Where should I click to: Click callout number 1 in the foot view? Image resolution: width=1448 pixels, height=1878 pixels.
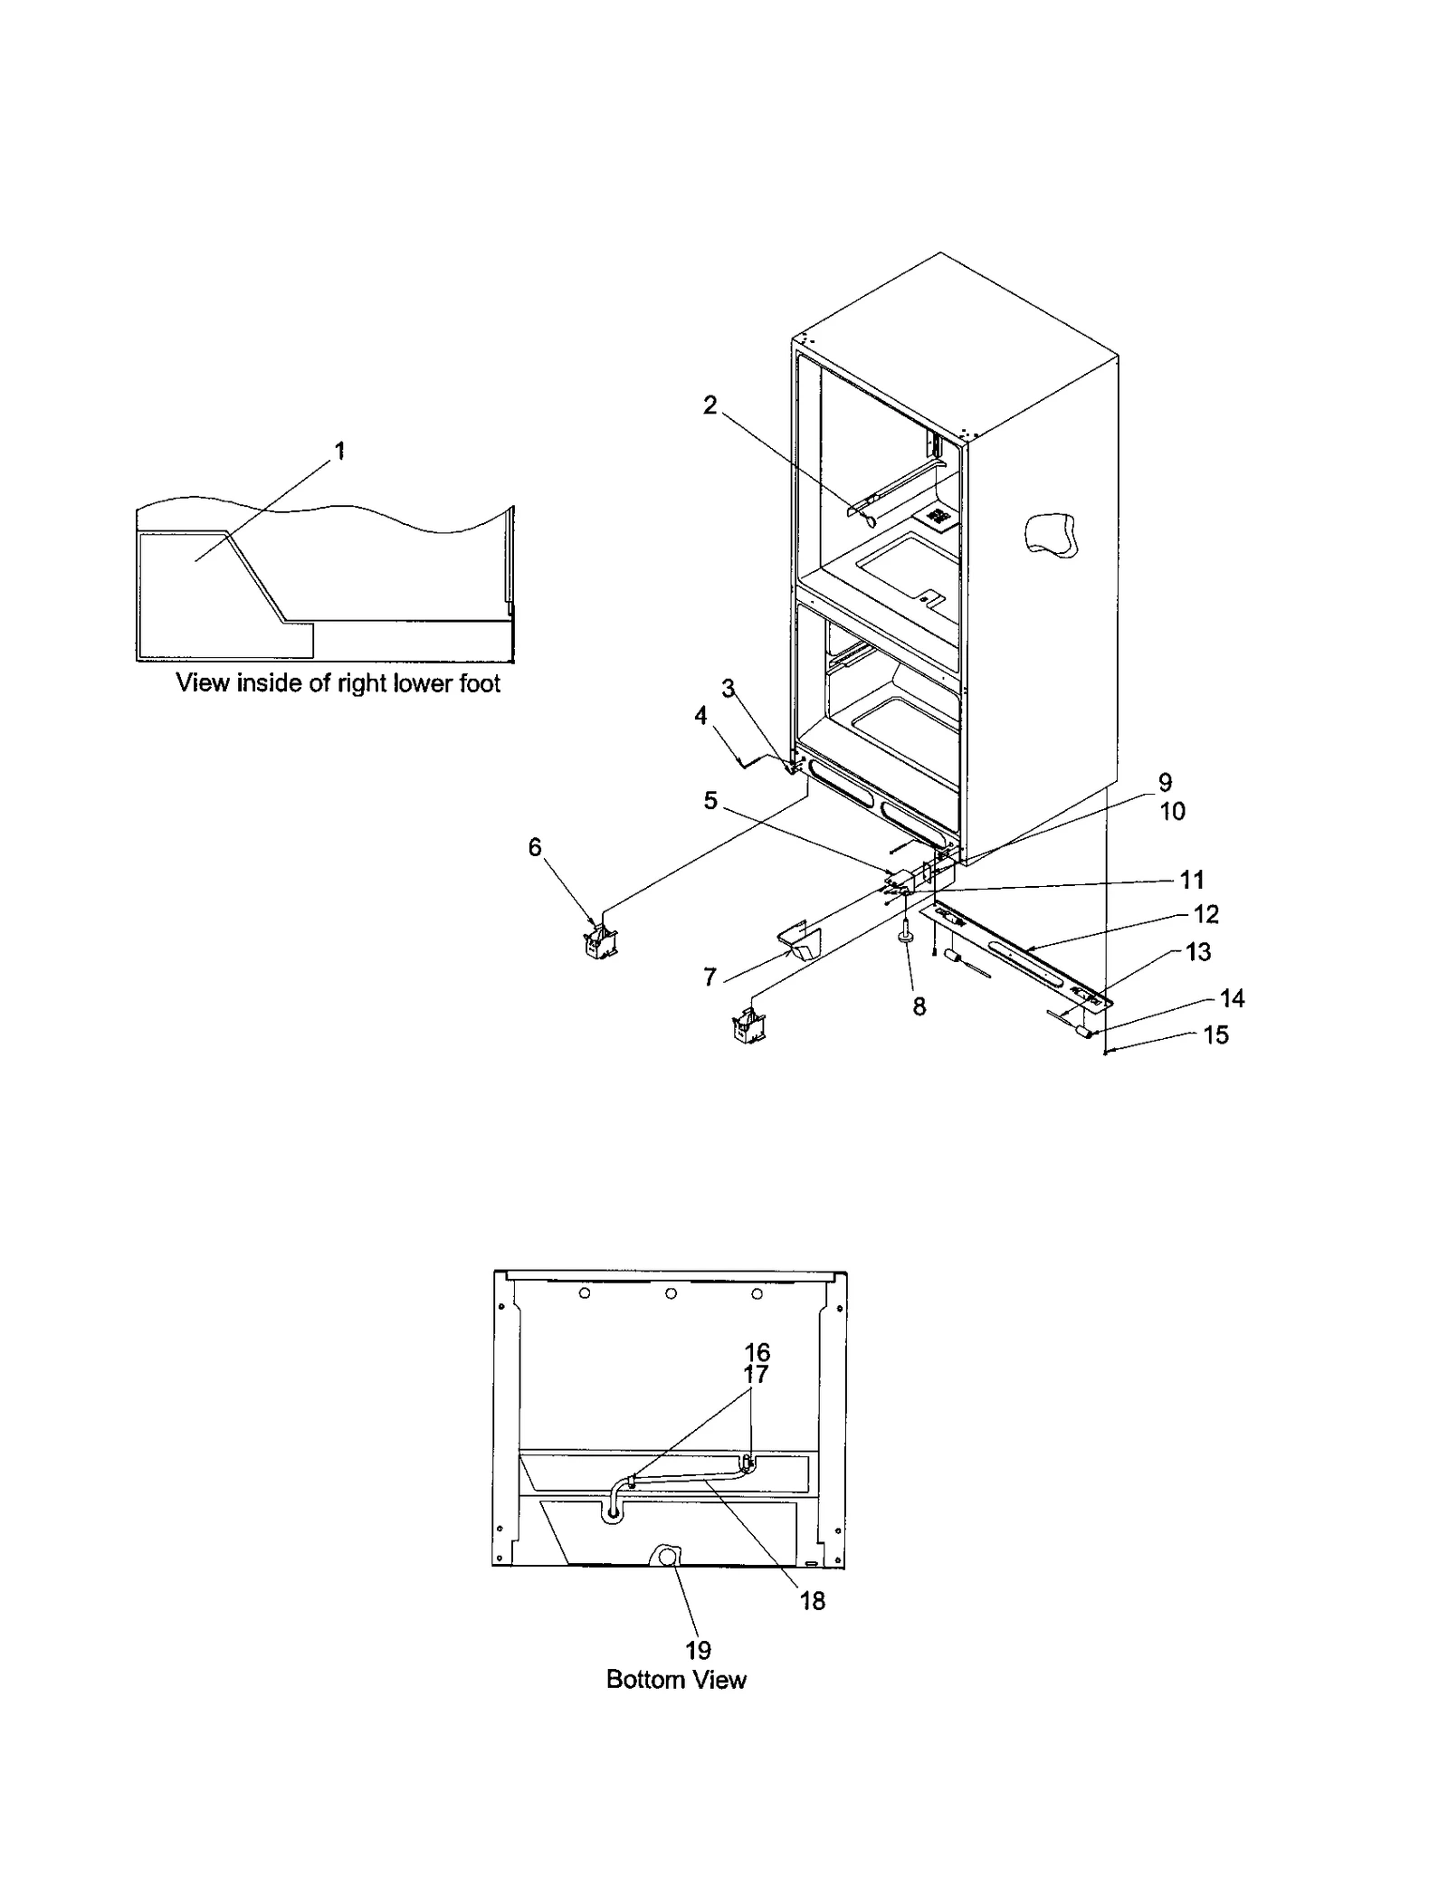pyautogui.click(x=340, y=450)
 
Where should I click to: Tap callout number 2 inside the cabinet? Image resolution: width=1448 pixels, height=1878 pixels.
pyautogui.click(x=710, y=405)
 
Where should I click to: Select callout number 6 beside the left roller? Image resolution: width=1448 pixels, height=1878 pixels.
pyautogui.click(x=535, y=847)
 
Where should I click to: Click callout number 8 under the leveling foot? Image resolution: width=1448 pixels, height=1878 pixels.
pyautogui.click(x=919, y=1006)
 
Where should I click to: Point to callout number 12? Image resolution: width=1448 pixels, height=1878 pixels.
pyautogui.click(x=1206, y=914)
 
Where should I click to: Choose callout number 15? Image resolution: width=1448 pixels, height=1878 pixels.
pyautogui.click(x=1215, y=1034)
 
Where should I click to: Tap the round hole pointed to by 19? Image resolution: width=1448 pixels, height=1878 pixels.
pyautogui.click(x=667, y=1557)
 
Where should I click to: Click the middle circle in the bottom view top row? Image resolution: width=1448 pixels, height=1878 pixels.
pyautogui.click(x=671, y=1294)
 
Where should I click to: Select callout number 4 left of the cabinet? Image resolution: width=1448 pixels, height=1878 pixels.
pyautogui.click(x=700, y=716)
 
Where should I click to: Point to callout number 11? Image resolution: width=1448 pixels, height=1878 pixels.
pyautogui.click(x=1192, y=879)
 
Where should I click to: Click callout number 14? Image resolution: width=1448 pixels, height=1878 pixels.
pyautogui.click(x=1232, y=998)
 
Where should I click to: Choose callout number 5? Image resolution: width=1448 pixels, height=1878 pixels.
pyautogui.click(x=710, y=800)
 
